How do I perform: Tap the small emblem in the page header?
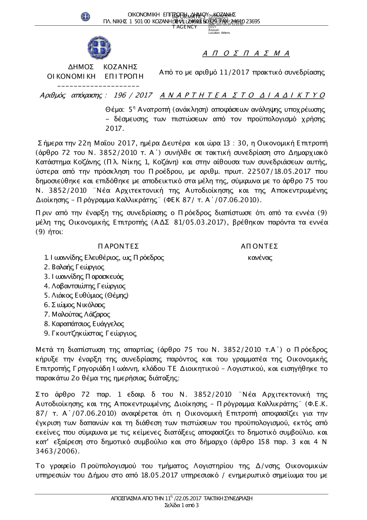point(86,17)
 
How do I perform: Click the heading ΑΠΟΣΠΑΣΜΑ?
point(246,54)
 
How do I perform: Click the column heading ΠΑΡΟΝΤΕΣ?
point(118,246)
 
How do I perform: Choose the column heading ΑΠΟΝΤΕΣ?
point(259,246)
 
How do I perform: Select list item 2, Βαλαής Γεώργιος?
point(74,267)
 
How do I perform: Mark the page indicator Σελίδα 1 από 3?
point(182,505)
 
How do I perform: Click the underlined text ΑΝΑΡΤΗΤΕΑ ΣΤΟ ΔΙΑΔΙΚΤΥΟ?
point(243,96)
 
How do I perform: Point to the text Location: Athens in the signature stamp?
point(219,33)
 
